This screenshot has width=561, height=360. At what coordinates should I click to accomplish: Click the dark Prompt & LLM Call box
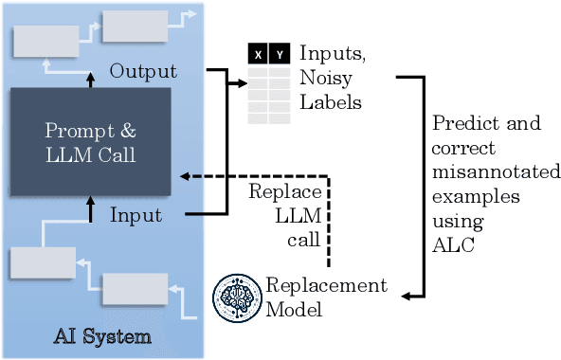click(90, 141)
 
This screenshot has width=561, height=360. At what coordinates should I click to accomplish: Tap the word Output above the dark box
click(143, 72)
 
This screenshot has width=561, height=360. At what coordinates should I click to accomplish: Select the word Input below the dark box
click(136, 215)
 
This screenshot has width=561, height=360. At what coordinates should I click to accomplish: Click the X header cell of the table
click(258, 55)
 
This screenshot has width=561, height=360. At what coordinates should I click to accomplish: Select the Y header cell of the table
click(280, 55)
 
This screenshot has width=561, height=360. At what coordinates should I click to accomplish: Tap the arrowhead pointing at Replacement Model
click(406, 297)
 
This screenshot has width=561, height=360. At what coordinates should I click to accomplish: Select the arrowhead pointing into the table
click(240, 83)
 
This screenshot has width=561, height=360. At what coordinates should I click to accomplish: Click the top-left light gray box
click(45, 41)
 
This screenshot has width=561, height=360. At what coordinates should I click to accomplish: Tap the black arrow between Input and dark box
click(91, 202)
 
